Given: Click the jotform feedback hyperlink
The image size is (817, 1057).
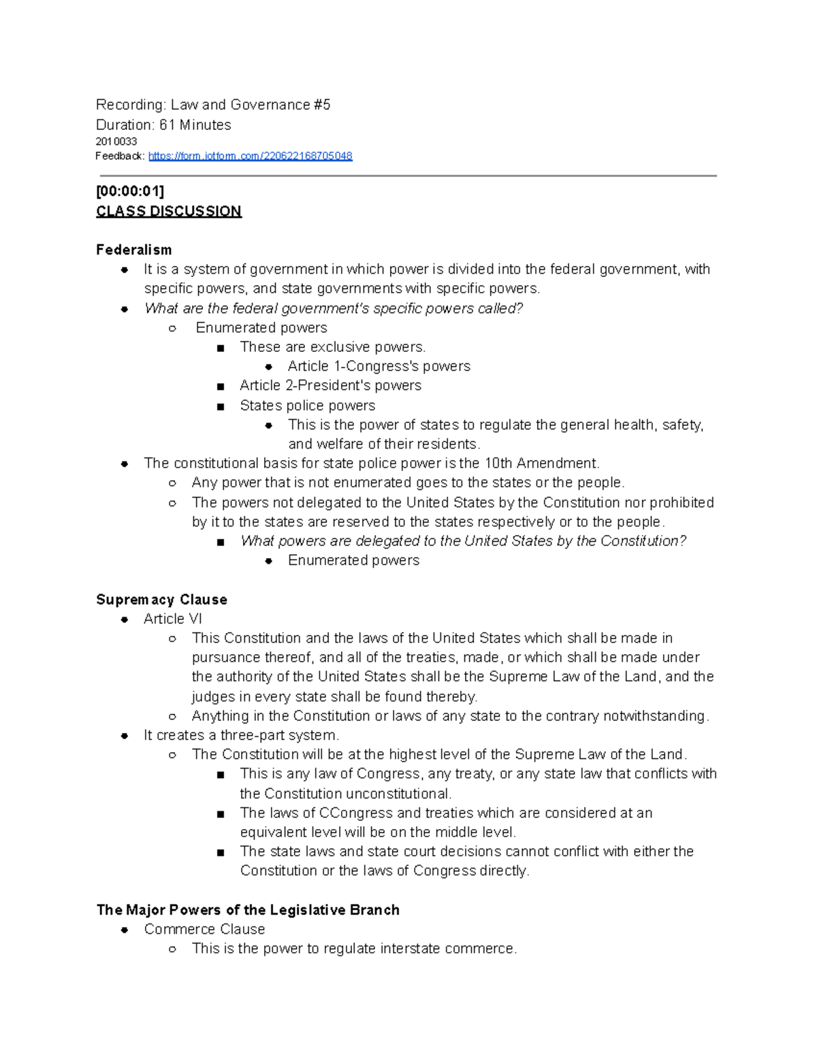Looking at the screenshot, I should [250, 156].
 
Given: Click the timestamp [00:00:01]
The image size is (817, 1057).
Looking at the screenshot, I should [130, 191].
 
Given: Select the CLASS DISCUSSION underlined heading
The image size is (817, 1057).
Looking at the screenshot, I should [169, 211].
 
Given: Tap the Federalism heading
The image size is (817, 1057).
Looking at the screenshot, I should [133, 250].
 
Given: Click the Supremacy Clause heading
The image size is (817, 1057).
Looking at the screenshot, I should [161, 600].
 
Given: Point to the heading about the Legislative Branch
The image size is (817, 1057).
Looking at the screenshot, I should [248, 910].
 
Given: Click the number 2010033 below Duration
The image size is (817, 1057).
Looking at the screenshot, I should [116, 142].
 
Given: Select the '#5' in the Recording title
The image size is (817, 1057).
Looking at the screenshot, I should [322, 105].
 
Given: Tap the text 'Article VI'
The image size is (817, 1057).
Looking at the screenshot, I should [173, 619].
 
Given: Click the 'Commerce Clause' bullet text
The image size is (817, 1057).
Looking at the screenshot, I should [204, 929].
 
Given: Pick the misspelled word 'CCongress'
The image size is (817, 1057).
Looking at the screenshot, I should [356, 813].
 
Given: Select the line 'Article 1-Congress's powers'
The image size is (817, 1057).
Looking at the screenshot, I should [379, 366].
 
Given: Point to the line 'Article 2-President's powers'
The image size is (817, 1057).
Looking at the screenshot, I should [330, 385].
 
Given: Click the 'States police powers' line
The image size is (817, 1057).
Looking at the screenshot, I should [307, 406].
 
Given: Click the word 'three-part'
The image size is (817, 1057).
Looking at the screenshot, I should [253, 735].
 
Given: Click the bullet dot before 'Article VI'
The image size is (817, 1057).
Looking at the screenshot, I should [125, 619].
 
